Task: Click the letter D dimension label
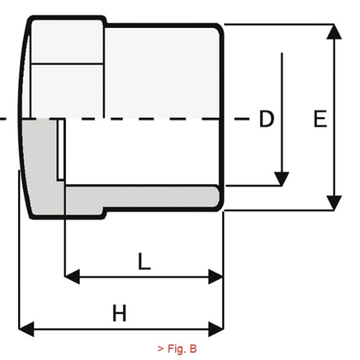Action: pos(266,119)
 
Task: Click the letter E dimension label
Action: pos(320,119)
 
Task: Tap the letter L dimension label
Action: pos(145,261)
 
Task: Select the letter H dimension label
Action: pos(120,313)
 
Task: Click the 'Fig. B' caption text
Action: pos(182,348)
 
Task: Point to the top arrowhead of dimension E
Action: pos(334,31)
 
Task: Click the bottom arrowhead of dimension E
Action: pos(334,203)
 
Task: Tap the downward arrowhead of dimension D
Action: pos(282,179)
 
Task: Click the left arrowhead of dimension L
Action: pos(72,276)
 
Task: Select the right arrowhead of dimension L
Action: pos(216,276)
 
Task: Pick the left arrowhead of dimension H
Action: pos(26,329)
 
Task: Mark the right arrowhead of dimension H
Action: pos(216,329)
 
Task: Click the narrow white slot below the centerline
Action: pos(60,149)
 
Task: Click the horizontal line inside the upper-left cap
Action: pos(67,63)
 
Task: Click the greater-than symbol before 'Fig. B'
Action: pos(161,349)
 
